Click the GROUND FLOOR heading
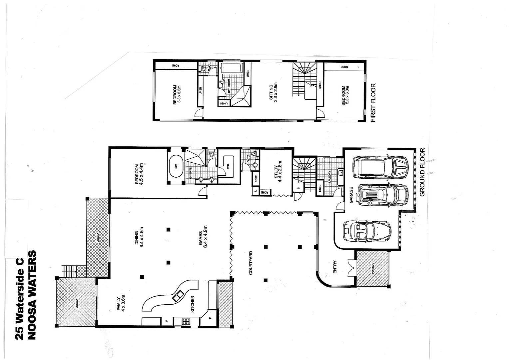(422, 172)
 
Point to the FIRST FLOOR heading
(373, 103)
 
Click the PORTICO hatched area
(372, 268)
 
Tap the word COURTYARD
(251, 263)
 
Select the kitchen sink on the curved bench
(178, 296)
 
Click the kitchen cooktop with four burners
(186, 322)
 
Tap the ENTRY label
(335, 267)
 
